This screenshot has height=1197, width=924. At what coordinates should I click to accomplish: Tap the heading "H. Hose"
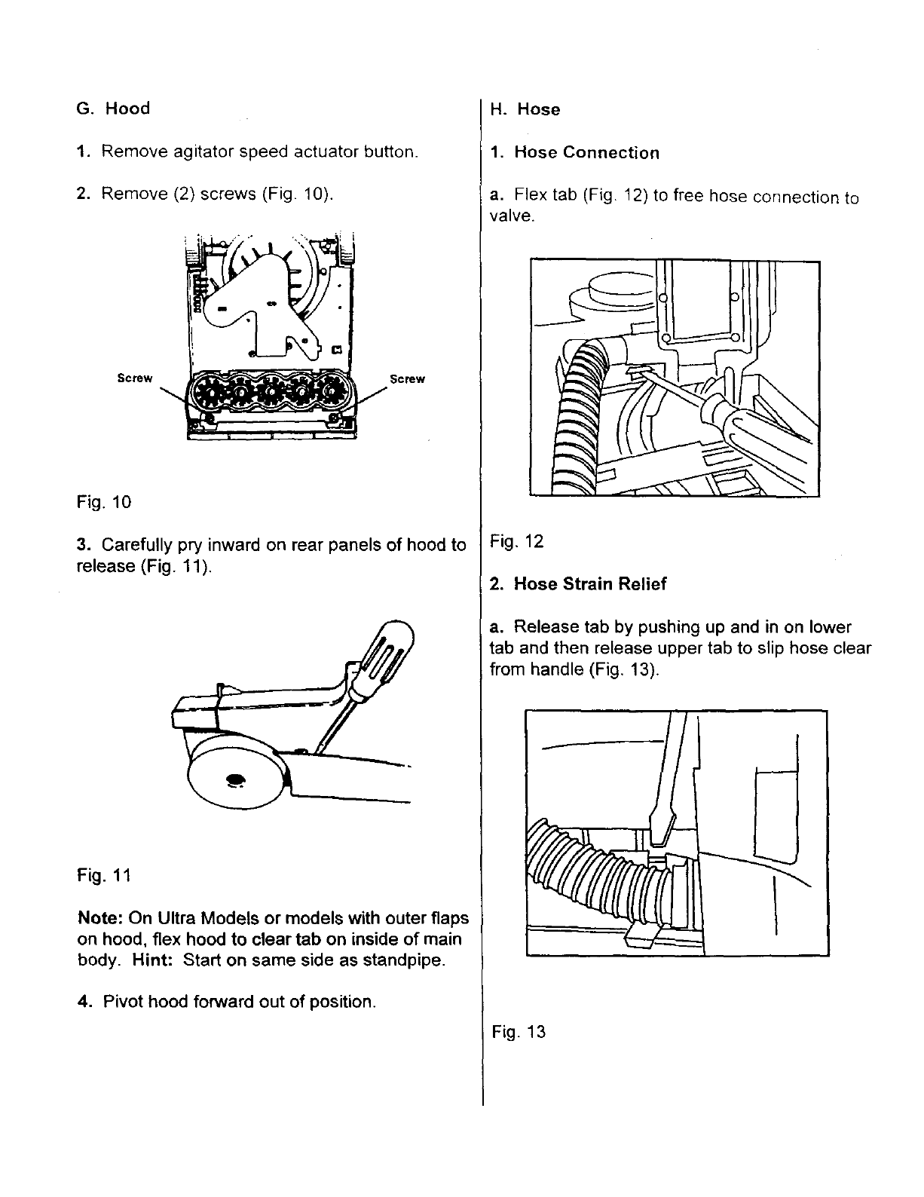point(525,109)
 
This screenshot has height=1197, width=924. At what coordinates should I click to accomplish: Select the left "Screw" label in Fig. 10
point(135,378)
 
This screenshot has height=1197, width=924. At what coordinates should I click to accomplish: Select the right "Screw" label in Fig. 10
point(407,379)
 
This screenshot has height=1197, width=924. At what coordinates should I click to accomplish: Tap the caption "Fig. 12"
point(516,541)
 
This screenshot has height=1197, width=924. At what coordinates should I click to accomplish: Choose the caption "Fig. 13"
point(518,1032)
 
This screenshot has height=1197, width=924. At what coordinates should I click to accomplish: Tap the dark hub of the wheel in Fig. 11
point(234,779)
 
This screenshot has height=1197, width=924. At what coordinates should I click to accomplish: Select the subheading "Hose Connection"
point(586,153)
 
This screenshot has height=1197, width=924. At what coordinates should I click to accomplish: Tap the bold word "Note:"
point(101,919)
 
